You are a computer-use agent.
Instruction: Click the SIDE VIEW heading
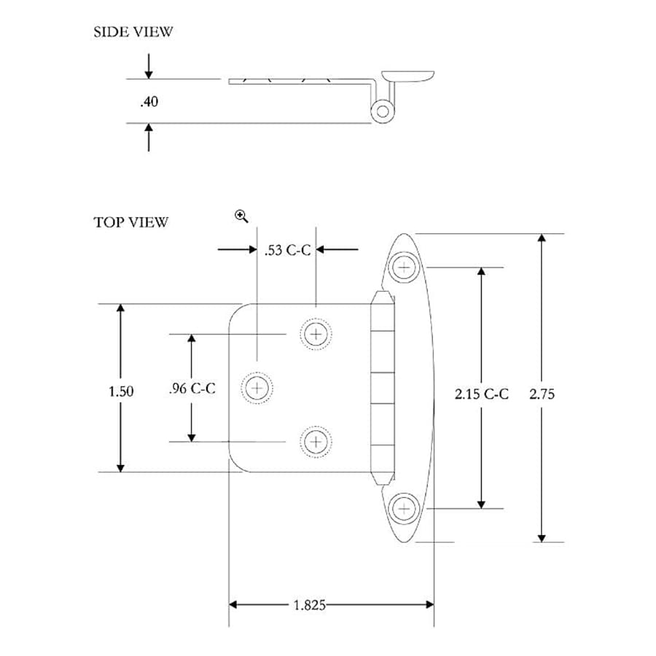pyautogui.click(x=133, y=32)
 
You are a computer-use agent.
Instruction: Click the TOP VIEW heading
pyautogui.click(x=130, y=222)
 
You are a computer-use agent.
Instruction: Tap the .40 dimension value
pyautogui.click(x=149, y=102)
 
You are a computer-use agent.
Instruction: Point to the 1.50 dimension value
pyautogui.click(x=121, y=391)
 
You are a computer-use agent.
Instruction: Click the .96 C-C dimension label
pyautogui.click(x=191, y=388)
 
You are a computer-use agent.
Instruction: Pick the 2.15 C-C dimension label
pyautogui.click(x=481, y=394)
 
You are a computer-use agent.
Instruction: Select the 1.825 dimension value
pyautogui.click(x=310, y=605)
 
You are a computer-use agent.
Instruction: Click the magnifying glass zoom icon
pyautogui.click(x=241, y=215)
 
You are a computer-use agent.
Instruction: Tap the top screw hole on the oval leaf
pyautogui.click(x=404, y=267)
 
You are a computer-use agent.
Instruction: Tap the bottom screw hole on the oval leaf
pyautogui.click(x=404, y=508)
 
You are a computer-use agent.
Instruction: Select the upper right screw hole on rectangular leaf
pyautogui.click(x=315, y=335)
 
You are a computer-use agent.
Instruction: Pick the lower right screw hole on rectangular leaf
pyautogui.click(x=315, y=441)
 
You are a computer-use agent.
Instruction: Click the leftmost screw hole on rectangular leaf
pyautogui.click(x=256, y=388)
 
